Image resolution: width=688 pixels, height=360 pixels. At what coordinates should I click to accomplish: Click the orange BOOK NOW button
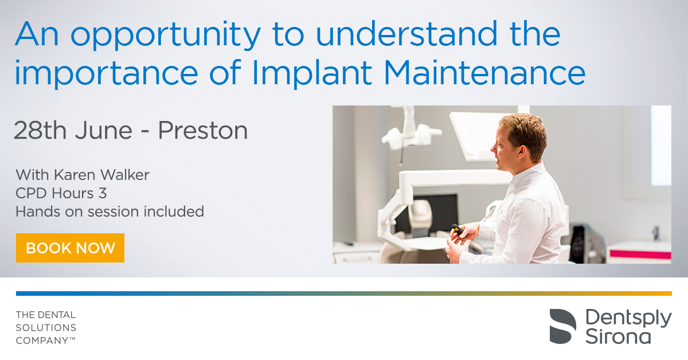70,248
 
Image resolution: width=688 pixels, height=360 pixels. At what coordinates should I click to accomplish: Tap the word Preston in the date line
203,131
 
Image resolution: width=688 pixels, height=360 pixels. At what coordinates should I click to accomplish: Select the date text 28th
40,131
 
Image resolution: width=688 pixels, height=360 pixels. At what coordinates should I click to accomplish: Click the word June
104,131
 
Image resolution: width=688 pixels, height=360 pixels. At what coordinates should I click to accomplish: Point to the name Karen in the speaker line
75,175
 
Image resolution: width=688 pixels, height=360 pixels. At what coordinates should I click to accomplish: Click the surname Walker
125,175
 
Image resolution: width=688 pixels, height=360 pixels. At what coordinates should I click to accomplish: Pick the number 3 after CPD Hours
103,194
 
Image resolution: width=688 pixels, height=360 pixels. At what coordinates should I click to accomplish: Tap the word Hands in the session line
38,212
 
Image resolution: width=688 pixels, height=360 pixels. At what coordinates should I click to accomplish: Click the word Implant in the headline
312,74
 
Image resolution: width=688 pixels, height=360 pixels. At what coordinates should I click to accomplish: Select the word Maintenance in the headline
484,73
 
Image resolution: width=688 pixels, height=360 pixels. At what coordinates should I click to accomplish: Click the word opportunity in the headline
166,35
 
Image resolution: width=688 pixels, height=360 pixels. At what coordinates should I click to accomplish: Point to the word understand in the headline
406,33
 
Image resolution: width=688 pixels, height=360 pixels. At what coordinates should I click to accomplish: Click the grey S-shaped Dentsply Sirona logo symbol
562,326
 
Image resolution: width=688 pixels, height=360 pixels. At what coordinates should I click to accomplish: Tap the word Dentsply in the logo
628,319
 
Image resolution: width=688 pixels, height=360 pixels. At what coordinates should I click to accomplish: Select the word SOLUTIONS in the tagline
46,328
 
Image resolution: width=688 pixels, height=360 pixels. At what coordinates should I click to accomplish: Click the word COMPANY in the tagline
42,341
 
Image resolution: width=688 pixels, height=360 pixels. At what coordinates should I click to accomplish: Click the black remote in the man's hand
458,230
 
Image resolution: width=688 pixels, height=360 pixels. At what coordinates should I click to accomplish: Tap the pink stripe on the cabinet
640,255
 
